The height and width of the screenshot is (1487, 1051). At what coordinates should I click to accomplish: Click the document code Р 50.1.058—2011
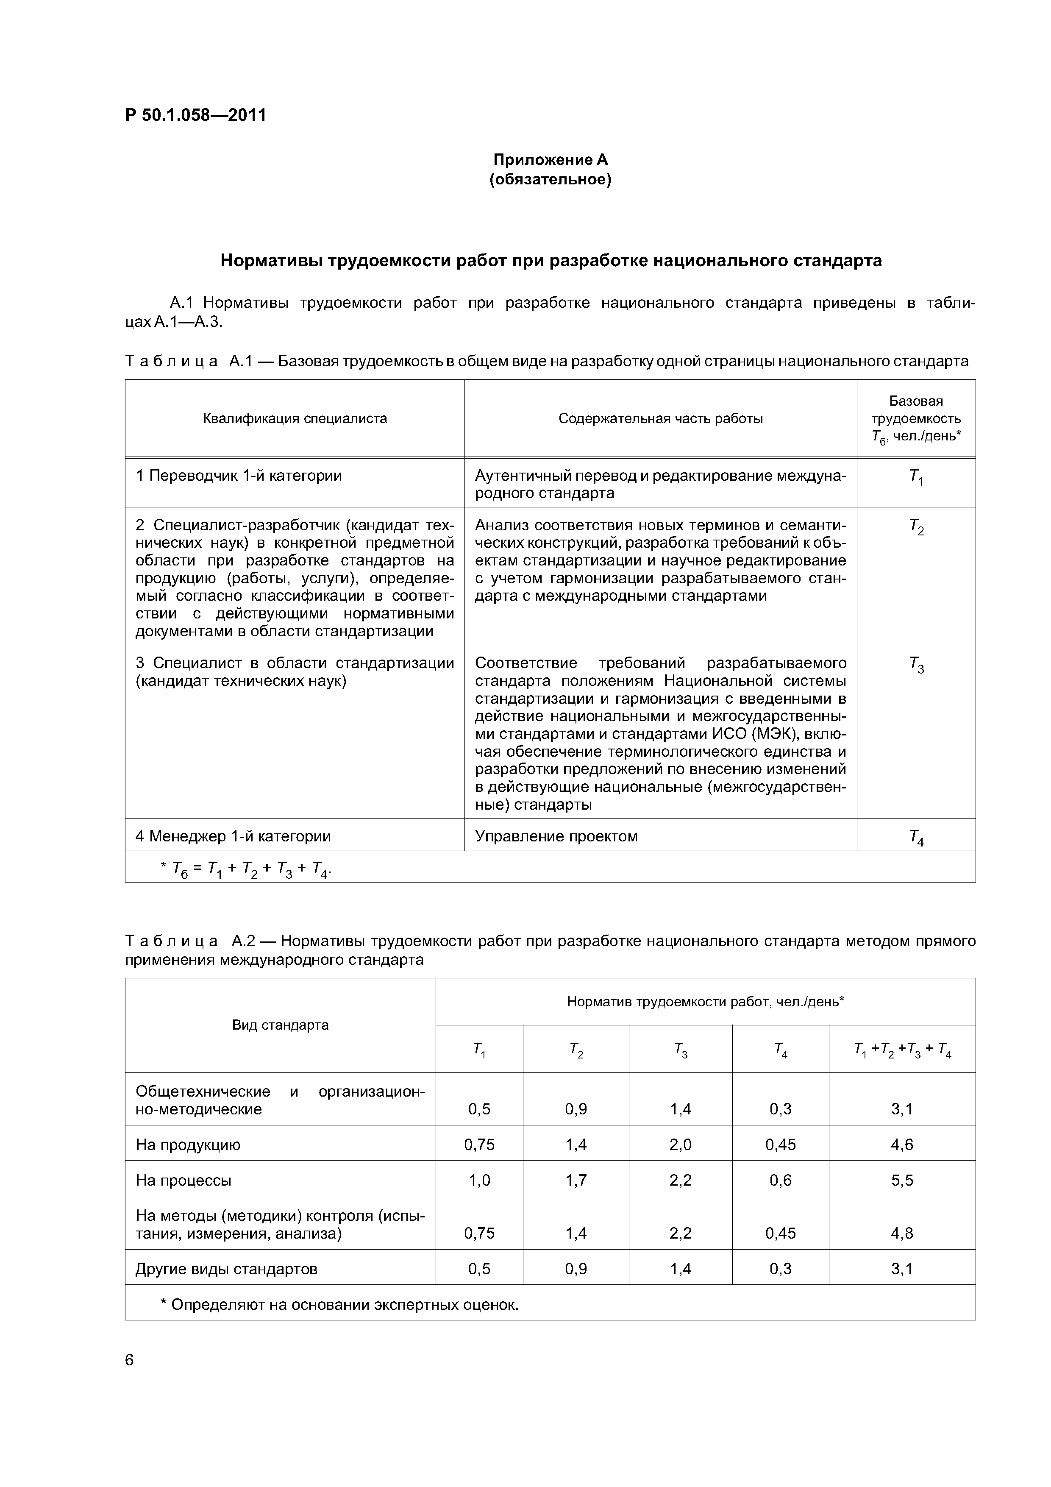point(195,115)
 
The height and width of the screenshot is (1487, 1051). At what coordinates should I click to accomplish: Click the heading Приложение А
point(551,159)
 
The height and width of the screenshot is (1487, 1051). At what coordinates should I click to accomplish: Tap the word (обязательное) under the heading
point(551,179)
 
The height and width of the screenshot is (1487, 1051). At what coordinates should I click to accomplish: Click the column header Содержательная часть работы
point(661,418)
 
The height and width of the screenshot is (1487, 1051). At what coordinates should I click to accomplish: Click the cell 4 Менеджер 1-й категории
point(233,836)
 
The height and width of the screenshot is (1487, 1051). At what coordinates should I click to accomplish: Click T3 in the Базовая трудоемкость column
point(916,664)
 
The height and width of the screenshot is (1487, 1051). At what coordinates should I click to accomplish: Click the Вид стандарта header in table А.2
point(281,1025)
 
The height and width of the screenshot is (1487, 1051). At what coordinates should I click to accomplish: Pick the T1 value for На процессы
point(479,1180)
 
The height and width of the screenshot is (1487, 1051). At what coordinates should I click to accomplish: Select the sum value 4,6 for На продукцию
point(901,1144)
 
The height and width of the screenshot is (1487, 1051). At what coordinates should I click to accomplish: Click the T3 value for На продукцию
point(681,1144)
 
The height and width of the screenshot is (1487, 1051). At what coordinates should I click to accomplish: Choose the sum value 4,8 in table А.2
point(901,1233)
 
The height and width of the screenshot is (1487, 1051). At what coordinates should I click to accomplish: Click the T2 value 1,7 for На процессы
point(576,1180)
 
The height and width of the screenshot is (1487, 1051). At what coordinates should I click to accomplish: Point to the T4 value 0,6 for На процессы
point(780,1180)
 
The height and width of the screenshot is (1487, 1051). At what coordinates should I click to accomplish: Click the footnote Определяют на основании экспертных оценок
point(339,1304)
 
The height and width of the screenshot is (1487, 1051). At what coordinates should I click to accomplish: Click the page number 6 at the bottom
point(129,1361)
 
